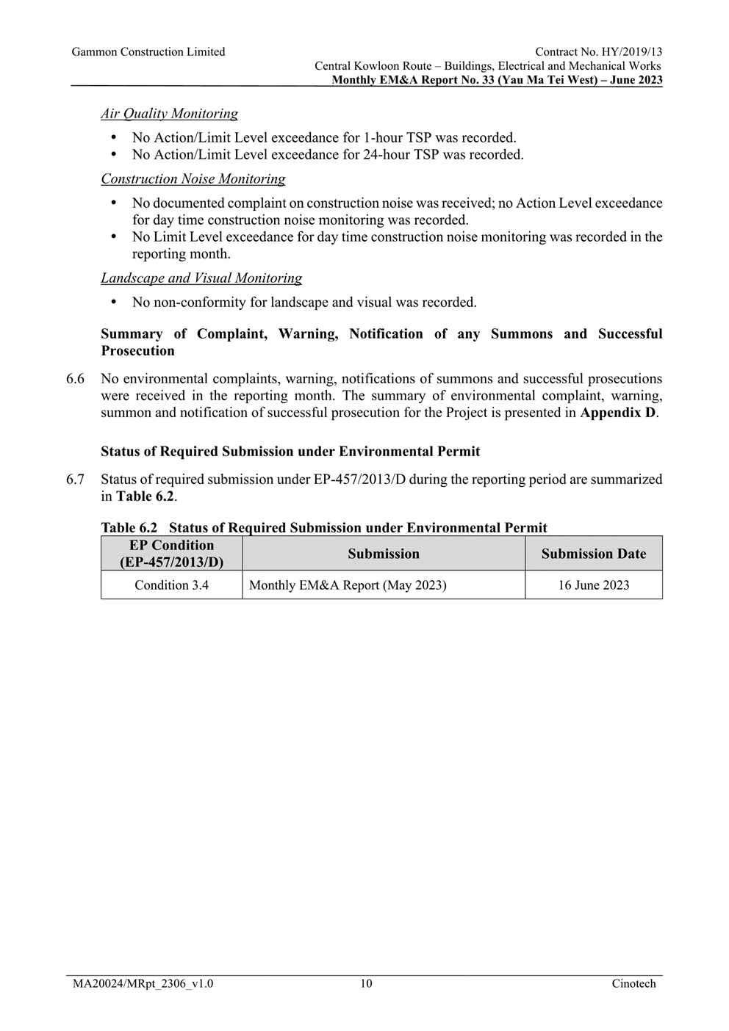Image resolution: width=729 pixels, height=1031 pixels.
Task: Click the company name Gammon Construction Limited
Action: click(x=148, y=52)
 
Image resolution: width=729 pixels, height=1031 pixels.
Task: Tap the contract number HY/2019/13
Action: click(x=629, y=52)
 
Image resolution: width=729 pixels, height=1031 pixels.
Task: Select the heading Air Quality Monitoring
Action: click(x=169, y=114)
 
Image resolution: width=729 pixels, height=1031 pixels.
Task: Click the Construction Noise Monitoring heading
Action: click(x=193, y=179)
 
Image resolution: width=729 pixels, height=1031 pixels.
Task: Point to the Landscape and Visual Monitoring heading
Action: click(x=201, y=278)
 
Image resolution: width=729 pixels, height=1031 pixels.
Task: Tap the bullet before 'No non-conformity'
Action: click(x=113, y=303)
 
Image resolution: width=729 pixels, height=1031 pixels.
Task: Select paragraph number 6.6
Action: click(x=75, y=380)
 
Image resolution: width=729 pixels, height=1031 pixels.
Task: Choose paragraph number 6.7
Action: click(x=75, y=480)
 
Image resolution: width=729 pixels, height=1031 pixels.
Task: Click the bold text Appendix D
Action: click(x=617, y=413)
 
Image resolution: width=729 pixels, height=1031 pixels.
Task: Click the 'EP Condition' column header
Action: click(x=171, y=554)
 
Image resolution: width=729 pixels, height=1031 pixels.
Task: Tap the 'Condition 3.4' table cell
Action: click(x=171, y=585)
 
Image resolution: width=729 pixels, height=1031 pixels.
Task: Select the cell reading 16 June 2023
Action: click(x=593, y=585)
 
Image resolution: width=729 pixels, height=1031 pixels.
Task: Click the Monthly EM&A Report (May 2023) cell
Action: click(x=348, y=585)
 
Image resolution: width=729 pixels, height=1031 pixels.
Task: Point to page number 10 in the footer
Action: click(x=366, y=984)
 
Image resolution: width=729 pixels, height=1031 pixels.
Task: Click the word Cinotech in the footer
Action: click(x=633, y=984)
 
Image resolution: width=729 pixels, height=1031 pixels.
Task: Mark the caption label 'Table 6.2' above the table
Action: click(x=129, y=528)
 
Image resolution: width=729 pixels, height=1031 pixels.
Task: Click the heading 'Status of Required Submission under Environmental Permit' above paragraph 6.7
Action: click(x=290, y=452)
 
